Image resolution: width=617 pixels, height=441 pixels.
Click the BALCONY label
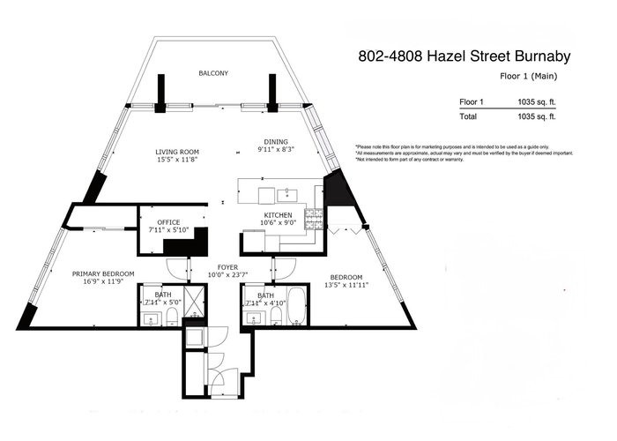tap(213, 73)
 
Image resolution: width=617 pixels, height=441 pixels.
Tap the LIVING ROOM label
tap(177, 152)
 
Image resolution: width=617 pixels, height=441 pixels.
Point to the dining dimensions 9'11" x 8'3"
tap(276, 149)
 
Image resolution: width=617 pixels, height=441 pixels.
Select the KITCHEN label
tap(278, 215)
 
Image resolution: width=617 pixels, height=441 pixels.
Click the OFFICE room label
tap(168, 222)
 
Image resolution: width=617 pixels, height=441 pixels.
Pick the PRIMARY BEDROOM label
tap(103, 274)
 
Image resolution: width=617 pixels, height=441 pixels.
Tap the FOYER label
tap(227, 267)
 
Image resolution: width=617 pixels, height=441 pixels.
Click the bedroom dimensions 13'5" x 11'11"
tap(346, 285)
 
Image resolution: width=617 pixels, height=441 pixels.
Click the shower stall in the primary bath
tap(195, 302)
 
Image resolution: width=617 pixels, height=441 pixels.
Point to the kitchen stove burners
tap(314, 220)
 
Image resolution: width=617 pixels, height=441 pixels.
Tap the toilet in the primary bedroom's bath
tap(172, 317)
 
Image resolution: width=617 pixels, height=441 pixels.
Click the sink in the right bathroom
tap(253, 318)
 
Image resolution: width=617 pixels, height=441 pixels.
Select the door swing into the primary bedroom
tap(178, 269)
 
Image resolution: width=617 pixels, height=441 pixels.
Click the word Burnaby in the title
tap(543, 56)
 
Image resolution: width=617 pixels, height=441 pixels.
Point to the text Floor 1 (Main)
tap(529, 77)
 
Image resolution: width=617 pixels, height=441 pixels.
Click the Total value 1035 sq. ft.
tap(536, 116)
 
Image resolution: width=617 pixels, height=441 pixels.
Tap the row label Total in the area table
tap(468, 116)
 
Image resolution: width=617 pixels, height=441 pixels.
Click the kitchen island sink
tap(287, 195)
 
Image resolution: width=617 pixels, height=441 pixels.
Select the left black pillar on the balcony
tap(160, 93)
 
